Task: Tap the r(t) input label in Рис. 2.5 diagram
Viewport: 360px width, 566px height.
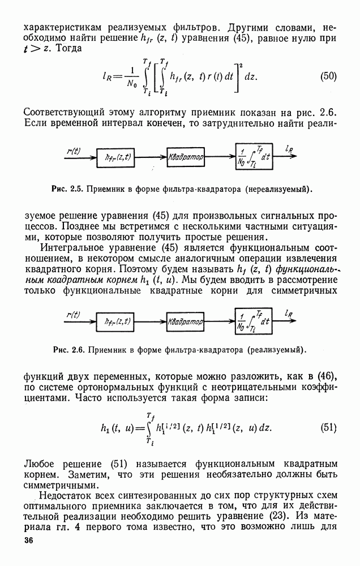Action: [73, 151]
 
